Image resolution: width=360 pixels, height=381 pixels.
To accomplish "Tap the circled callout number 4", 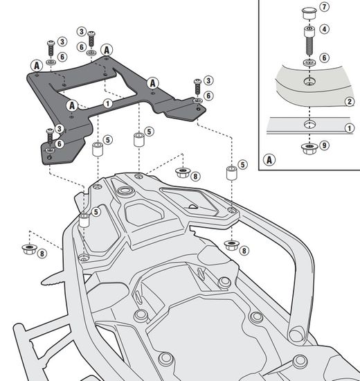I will [x=325, y=29].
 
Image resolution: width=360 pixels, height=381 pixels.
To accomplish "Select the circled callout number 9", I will [x=325, y=145].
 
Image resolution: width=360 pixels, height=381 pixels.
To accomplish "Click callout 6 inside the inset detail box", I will [x=325, y=58].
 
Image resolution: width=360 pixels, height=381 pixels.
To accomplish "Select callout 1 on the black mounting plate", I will [x=107, y=103].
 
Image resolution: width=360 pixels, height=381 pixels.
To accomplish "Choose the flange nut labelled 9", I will [x=306, y=146].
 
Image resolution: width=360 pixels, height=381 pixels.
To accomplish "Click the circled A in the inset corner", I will [x=268, y=161].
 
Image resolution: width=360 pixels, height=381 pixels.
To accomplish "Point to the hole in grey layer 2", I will [x=306, y=83].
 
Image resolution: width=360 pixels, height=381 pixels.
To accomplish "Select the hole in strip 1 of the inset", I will [x=306, y=125].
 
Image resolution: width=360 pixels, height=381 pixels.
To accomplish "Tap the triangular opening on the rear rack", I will [x=197, y=204].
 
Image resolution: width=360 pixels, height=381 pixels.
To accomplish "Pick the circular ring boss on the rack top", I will [x=126, y=190].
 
